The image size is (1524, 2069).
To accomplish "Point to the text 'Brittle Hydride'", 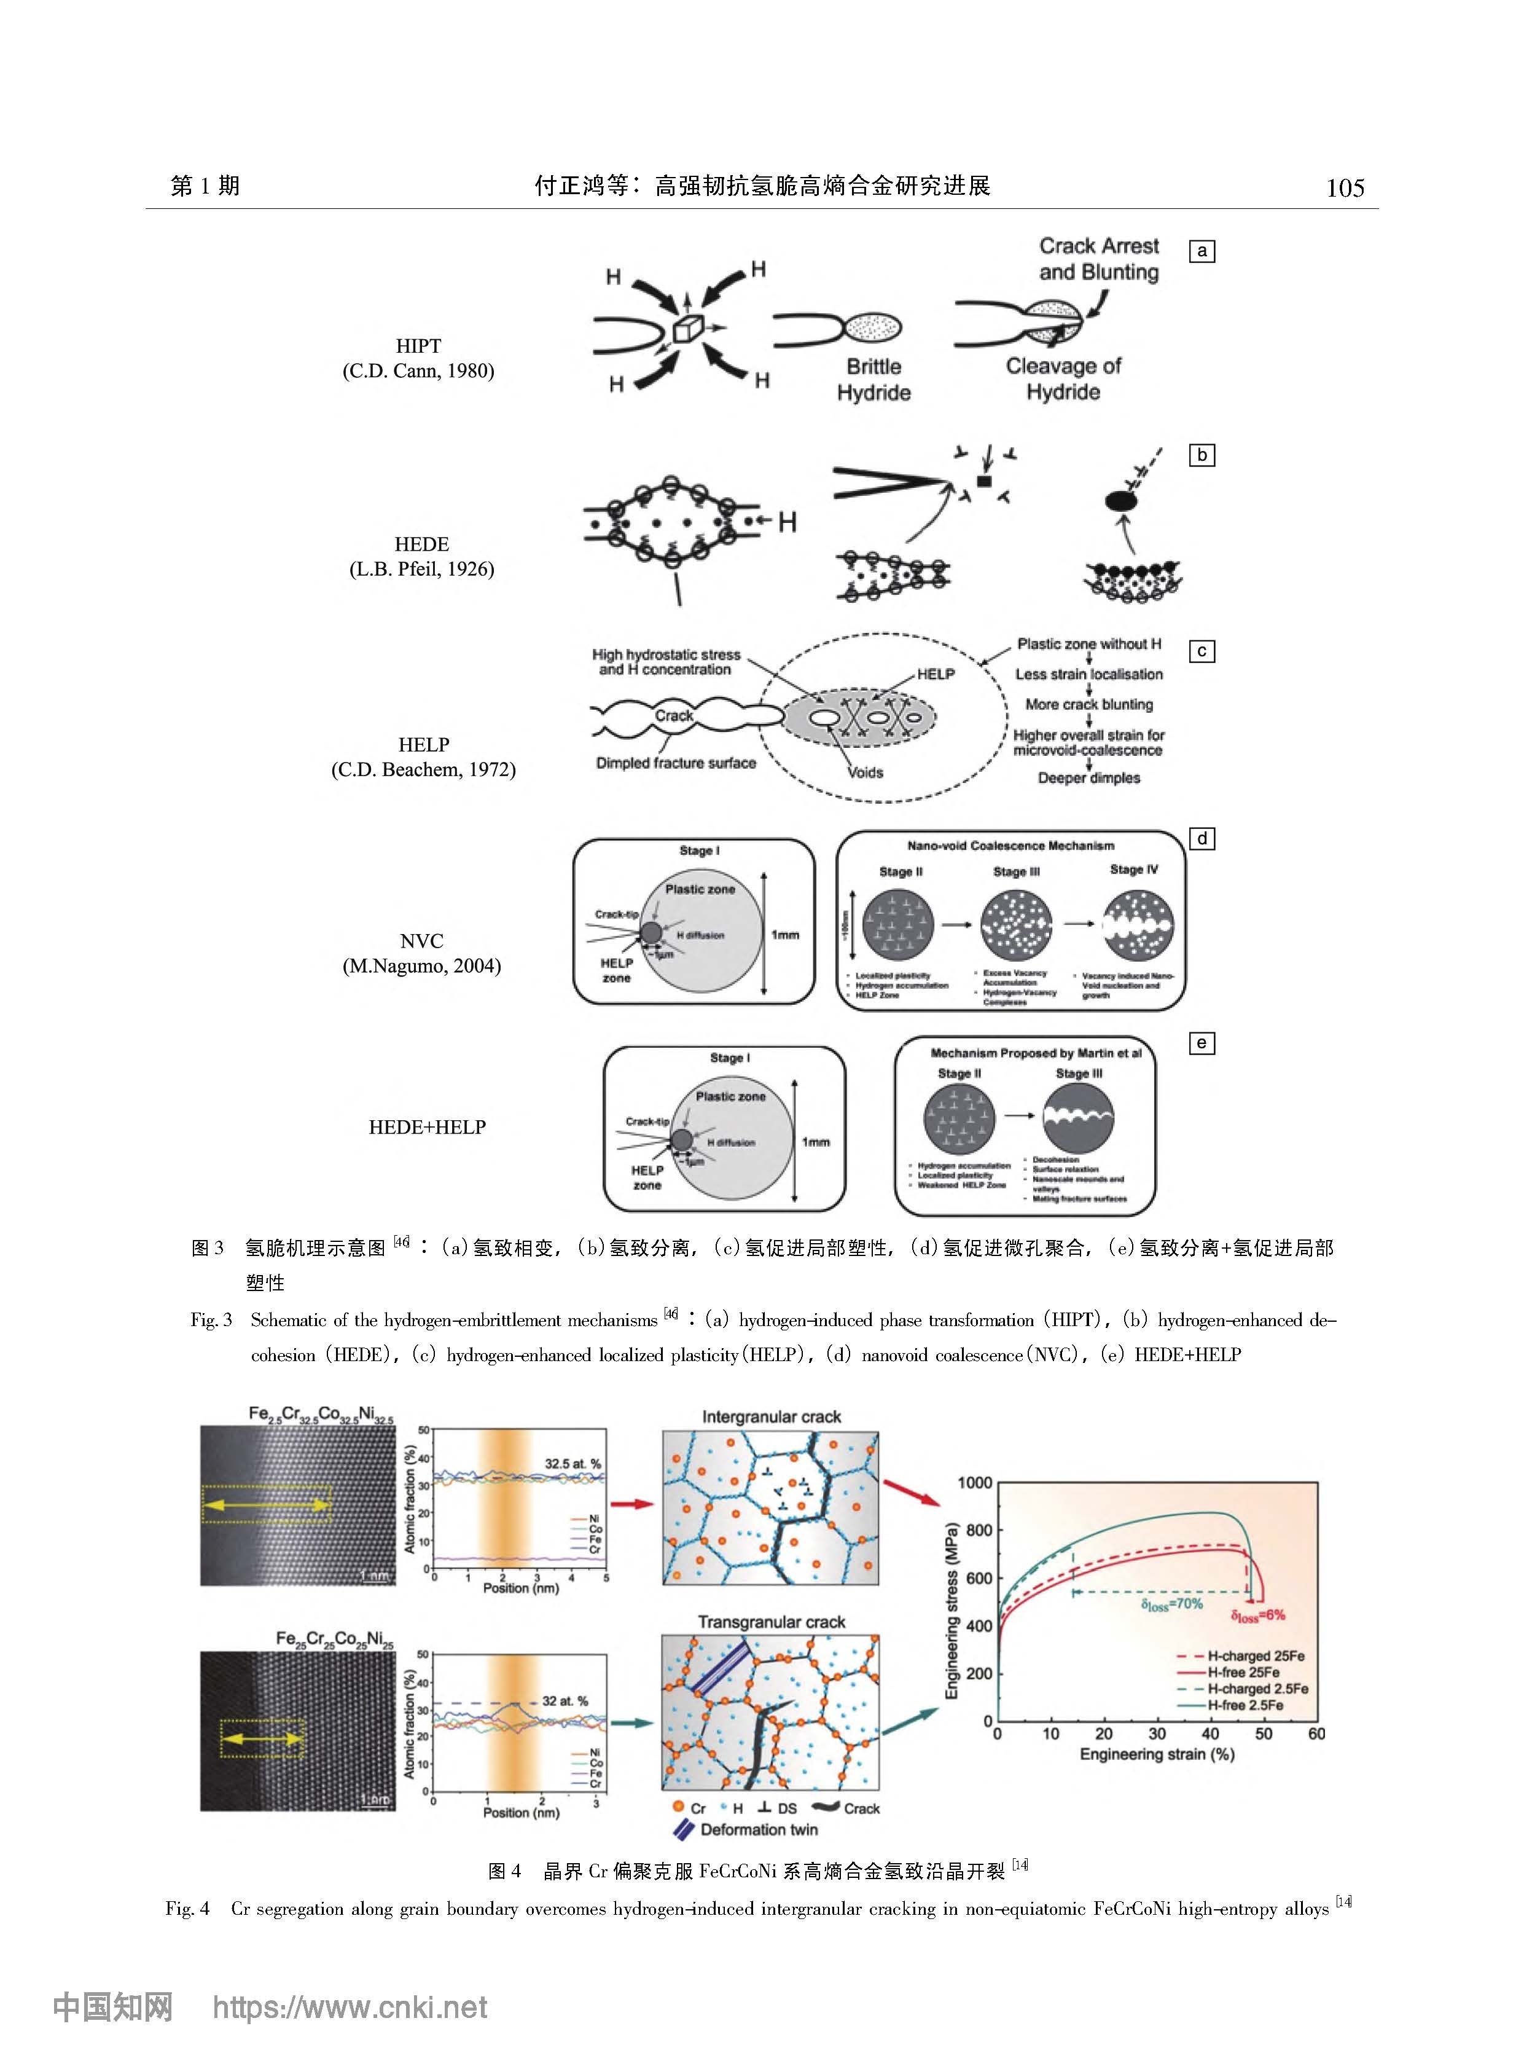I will [x=873, y=379].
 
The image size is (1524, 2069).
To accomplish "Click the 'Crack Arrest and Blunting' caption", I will [x=1099, y=259].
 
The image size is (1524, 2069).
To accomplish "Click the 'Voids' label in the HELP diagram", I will [x=866, y=772].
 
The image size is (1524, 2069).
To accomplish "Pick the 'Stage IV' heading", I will [x=1134, y=870].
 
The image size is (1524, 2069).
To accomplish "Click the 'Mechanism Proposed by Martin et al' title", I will [x=1036, y=1053].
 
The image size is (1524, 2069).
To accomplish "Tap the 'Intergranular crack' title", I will [x=772, y=1416].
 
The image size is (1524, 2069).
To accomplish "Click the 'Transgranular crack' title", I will [x=772, y=1622].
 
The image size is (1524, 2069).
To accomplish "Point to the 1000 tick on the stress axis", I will [x=974, y=1483].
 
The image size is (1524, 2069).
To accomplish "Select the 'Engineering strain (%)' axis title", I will [x=1157, y=1754].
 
